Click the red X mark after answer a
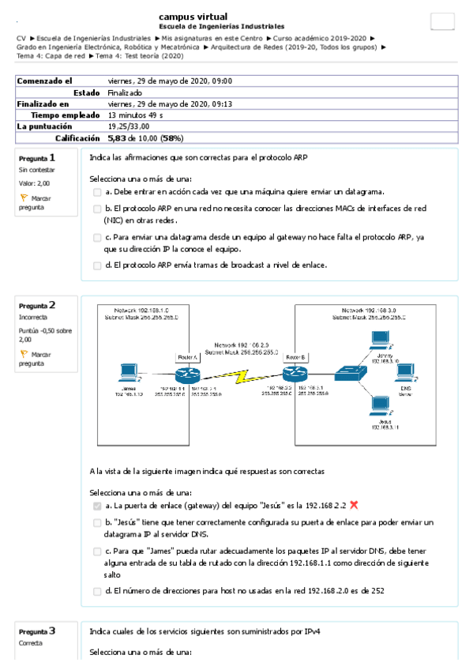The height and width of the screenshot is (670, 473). (355, 505)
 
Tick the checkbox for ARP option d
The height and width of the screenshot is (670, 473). (97, 265)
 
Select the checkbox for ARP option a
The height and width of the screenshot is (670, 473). (97, 192)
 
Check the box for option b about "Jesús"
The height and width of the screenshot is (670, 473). (97, 523)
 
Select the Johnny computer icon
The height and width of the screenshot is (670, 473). (381, 339)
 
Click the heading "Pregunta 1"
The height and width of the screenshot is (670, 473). (37, 158)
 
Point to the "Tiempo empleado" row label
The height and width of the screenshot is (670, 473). (52, 115)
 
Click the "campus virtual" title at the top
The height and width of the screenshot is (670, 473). (193, 17)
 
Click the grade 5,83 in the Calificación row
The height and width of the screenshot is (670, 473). (118, 137)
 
